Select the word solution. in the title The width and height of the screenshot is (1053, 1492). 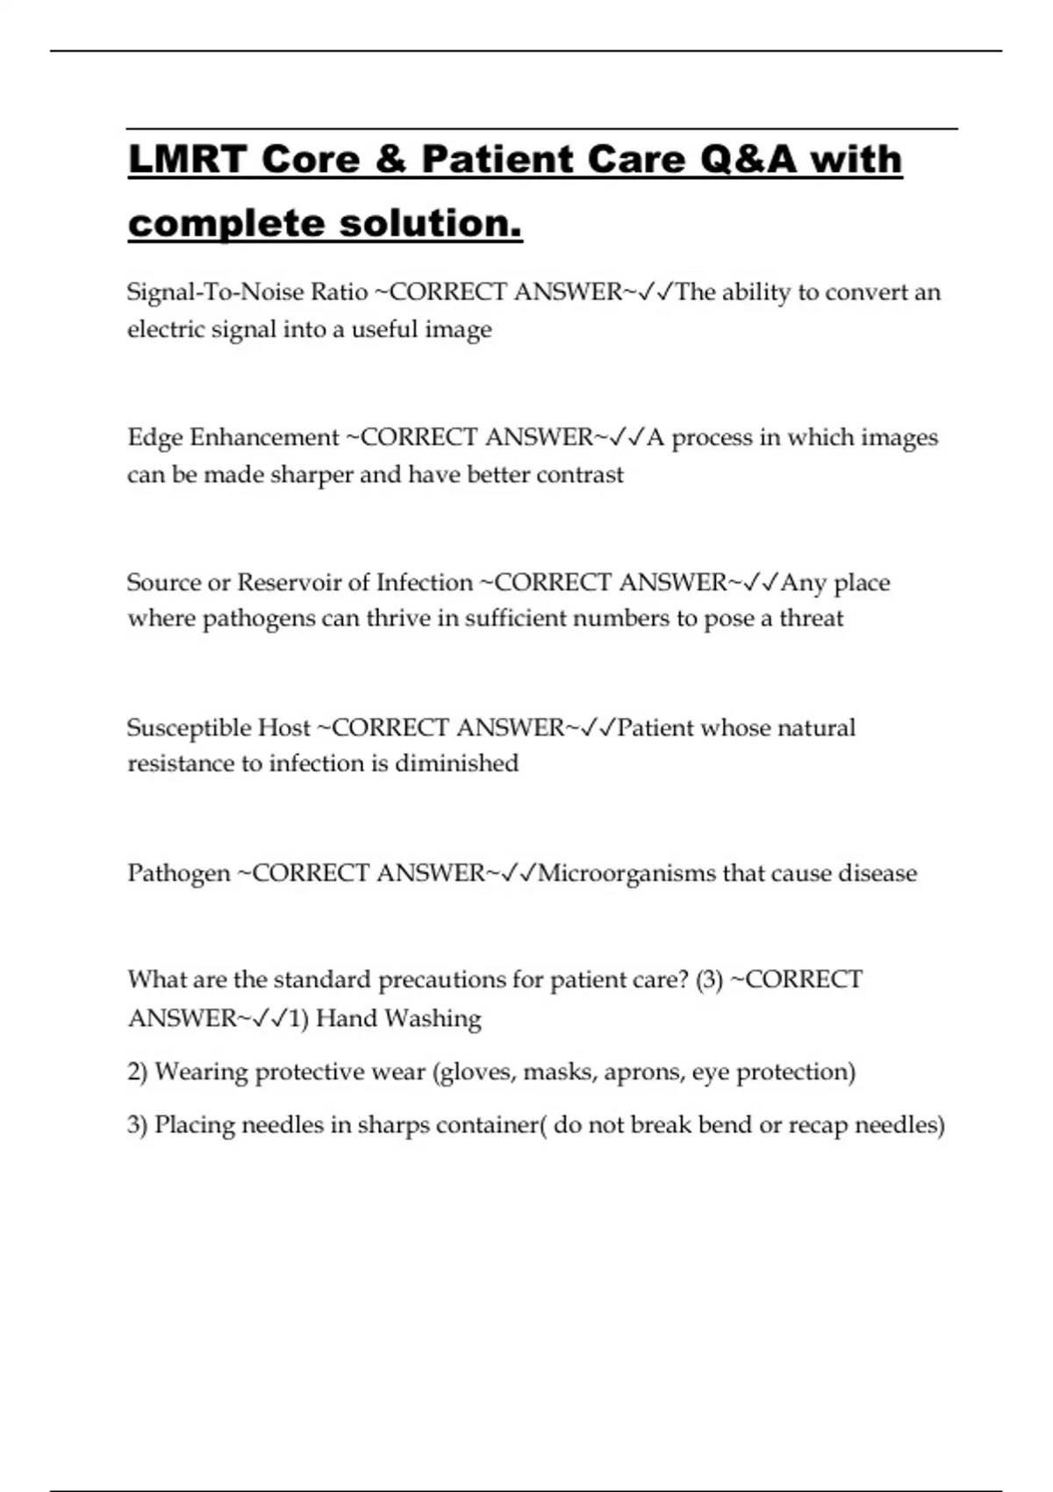(x=431, y=223)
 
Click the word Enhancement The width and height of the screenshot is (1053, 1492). (x=264, y=437)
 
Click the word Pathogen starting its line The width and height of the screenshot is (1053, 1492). (x=179, y=874)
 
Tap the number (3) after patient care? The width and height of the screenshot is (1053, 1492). (x=709, y=979)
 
